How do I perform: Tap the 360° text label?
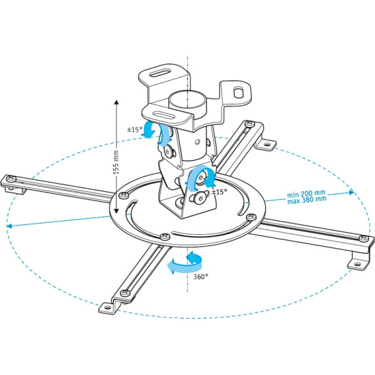(201, 276)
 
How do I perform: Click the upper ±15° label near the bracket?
(135, 130)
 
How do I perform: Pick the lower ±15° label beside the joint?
(219, 191)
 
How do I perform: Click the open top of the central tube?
(186, 99)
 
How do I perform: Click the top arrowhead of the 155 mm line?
(116, 99)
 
